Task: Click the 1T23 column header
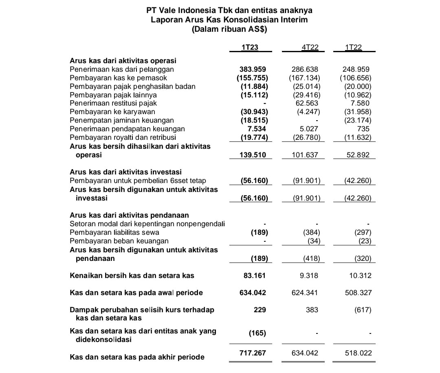(x=250, y=47)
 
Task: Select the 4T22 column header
(x=310, y=47)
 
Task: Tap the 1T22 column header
(x=353, y=47)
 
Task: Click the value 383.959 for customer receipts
(x=253, y=69)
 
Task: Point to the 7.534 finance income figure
(x=257, y=129)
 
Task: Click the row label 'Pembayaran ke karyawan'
(x=112, y=112)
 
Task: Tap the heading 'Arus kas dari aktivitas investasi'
(x=126, y=172)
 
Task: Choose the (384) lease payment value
(x=311, y=232)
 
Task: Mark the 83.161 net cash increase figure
(x=254, y=276)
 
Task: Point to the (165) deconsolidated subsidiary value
(x=257, y=333)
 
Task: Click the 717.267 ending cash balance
(x=253, y=353)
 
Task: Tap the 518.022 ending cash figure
(x=358, y=353)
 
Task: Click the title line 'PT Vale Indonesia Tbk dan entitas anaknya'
(x=230, y=11)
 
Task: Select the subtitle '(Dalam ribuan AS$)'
(x=230, y=29)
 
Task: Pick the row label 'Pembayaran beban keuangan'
(x=119, y=241)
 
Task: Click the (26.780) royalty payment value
(x=306, y=137)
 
